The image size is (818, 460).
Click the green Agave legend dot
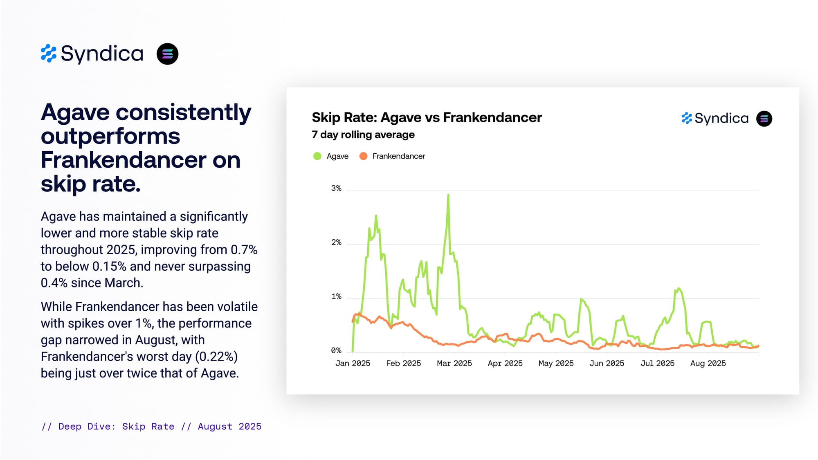tap(317, 156)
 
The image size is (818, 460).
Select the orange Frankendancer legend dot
tap(363, 156)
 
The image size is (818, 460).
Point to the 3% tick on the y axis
tap(336, 188)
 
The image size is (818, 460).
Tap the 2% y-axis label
tap(336, 242)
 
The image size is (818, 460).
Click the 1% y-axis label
tap(336, 296)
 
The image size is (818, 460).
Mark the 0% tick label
tap(336, 350)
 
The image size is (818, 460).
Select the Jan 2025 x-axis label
tap(353, 364)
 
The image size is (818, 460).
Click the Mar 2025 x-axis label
tap(454, 364)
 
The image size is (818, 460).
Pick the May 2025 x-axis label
tap(556, 364)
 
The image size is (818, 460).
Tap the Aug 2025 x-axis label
tap(708, 364)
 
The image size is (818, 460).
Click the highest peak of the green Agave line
tap(448, 195)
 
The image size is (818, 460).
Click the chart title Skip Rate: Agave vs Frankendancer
tap(427, 118)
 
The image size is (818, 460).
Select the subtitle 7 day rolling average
tap(363, 135)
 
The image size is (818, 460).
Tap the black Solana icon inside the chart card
tap(764, 119)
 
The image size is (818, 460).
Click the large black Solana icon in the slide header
tap(168, 54)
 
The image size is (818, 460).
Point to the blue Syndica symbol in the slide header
tap(49, 54)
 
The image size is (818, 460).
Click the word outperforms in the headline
tap(110, 136)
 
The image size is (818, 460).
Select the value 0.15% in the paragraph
tap(109, 267)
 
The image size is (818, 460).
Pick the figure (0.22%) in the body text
tap(216, 357)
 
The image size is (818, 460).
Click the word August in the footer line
tap(215, 426)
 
